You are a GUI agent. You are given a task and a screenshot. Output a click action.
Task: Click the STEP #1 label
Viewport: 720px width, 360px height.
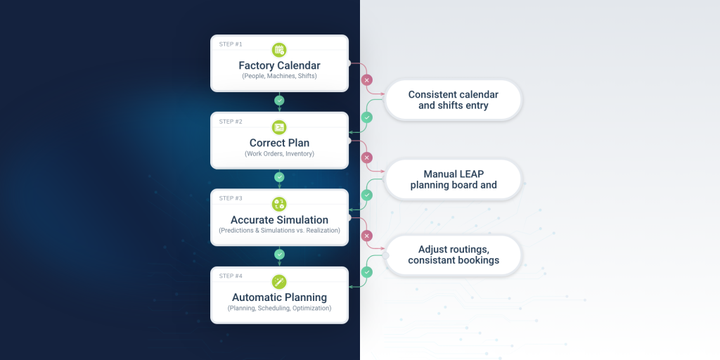pos(231,44)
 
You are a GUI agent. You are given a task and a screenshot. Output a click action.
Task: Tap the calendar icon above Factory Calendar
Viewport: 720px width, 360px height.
pos(279,50)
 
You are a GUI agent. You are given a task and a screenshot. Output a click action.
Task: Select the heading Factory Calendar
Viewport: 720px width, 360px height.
pos(279,65)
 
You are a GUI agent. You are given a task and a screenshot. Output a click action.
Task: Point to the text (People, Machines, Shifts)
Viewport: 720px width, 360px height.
pos(279,76)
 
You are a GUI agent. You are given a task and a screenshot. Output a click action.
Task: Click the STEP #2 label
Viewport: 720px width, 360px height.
pos(231,122)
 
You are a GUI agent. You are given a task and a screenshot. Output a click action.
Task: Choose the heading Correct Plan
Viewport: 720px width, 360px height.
pos(279,143)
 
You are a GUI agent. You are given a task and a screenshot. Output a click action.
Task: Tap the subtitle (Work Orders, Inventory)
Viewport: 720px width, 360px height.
pos(279,153)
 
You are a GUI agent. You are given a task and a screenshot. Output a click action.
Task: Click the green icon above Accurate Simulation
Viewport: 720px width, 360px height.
pos(279,204)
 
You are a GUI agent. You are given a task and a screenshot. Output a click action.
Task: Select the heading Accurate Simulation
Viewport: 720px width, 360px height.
pos(279,220)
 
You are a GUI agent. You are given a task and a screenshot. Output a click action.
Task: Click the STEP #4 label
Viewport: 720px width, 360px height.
pos(231,276)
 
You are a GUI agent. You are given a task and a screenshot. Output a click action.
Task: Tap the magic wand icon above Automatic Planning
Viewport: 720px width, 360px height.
pos(279,281)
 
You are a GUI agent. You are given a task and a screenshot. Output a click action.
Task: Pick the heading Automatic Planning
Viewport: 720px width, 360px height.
pos(279,297)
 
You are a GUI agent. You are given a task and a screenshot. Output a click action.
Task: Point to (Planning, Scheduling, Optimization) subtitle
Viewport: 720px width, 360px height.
pos(279,308)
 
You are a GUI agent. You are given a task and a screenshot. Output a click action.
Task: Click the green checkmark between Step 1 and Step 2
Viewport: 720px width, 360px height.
pos(279,100)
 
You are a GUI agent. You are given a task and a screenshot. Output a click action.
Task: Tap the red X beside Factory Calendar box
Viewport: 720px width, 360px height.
pos(366,80)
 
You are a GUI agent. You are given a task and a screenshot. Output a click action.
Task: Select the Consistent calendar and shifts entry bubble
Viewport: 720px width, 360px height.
pos(454,100)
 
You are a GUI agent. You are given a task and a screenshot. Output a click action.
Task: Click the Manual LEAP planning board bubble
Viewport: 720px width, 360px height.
pos(454,179)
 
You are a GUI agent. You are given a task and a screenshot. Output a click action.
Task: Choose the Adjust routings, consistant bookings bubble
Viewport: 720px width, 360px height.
pos(454,255)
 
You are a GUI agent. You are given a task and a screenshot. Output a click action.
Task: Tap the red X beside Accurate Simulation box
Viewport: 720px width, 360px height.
pos(366,236)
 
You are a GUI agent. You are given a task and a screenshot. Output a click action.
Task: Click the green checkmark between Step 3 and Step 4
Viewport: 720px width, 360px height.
pos(279,255)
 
